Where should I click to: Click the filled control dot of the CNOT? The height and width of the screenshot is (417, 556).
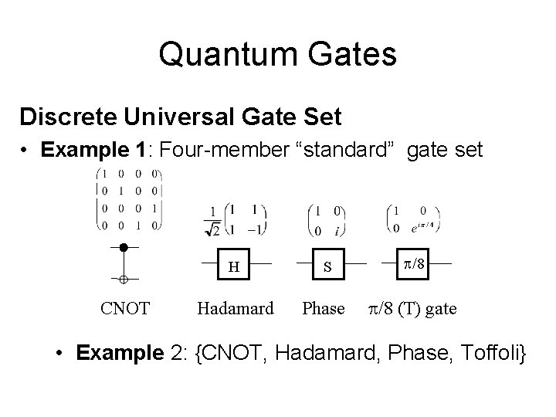[x=123, y=248]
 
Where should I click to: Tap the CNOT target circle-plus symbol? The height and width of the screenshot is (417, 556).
[x=123, y=277]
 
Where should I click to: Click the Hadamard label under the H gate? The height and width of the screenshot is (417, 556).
[x=235, y=309]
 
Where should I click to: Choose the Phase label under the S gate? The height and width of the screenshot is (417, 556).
[x=324, y=309]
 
